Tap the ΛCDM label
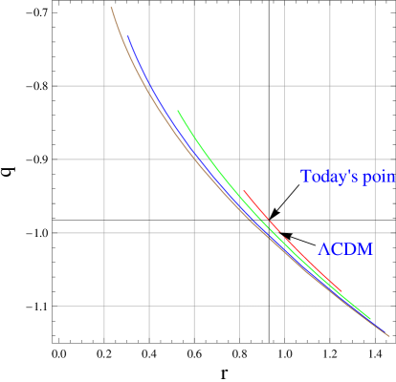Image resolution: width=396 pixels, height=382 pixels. pyautogui.click(x=345, y=250)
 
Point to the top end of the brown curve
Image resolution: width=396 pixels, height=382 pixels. pyautogui.click(x=111, y=8)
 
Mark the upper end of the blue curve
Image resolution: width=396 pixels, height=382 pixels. pyautogui.click(x=128, y=36)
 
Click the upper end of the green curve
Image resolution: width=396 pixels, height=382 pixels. pyautogui.click(x=178, y=111)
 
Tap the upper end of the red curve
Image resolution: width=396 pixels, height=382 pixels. pyautogui.click(x=243, y=191)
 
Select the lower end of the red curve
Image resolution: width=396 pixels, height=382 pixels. pyautogui.click(x=341, y=290)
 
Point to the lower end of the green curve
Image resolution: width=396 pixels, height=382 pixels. pyautogui.click(x=370, y=320)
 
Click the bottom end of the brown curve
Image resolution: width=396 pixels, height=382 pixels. pyautogui.click(x=389, y=336)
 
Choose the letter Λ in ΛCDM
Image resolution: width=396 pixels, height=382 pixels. pyautogui.click(x=323, y=250)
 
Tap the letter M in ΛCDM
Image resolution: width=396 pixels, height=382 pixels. pyautogui.click(x=365, y=250)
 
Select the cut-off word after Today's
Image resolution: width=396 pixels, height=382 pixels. pyautogui.click(x=380, y=179)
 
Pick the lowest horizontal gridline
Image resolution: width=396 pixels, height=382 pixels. pyautogui.click(x=77, y=306)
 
